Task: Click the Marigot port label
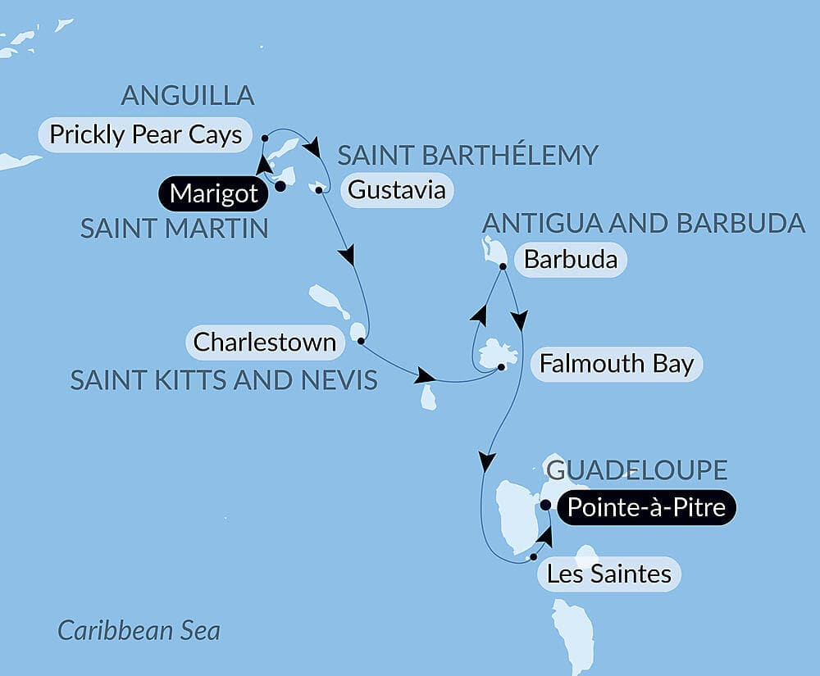point(213,194)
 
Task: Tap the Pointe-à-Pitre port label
point(646,508)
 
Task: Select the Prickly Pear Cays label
point(146,134)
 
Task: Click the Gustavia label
point(397,190)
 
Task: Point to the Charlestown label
point(264,342)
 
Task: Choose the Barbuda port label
point(570,261)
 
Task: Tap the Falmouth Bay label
point(617,363)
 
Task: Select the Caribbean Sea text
point(139,631)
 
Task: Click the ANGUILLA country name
point(188,96)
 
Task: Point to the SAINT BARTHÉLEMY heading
point(467,155)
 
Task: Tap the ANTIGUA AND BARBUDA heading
point(644,223)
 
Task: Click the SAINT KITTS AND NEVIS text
point(223,379)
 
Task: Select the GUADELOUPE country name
point(636,470)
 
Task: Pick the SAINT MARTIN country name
point(174,229)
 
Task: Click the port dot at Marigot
point(280,186)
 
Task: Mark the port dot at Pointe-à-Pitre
point(545,505)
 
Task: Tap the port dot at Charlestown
point(361,340)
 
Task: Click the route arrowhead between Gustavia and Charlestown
point(348,256)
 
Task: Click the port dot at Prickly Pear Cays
point(264,138)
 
